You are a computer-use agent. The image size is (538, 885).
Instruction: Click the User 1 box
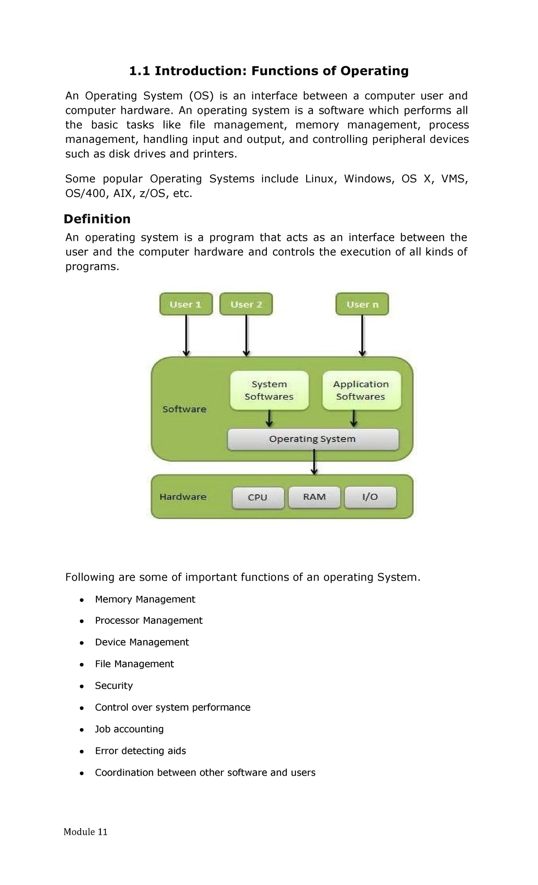(x=186, y=305)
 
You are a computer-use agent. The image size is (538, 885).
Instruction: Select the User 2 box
(x=246, y=305)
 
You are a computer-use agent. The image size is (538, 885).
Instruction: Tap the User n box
(x=362, y=305)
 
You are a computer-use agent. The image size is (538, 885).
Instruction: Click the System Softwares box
(x=269, y=390)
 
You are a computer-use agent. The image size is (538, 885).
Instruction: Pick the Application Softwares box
(x=361, y=390)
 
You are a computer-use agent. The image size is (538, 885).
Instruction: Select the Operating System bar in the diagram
(x=313, y=439)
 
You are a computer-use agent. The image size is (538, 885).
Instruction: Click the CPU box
(x=258, y=497)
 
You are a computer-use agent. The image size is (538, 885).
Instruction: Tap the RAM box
(x=314, y=497)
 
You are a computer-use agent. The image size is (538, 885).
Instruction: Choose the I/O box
(x=370, y=497)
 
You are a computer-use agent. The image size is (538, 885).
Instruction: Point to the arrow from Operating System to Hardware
(x=314, y=462)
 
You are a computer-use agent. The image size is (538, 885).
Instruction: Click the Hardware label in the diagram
(x=183, y=497)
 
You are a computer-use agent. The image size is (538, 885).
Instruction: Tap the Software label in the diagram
(x=184, y=409)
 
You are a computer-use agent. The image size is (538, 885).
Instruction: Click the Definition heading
(x=97, y=219)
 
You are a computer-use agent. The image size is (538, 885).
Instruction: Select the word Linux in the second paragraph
(x=319, y=179)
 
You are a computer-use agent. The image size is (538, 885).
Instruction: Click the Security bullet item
(x=114, y=686)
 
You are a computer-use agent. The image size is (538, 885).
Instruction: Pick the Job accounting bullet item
(x=129, y=729)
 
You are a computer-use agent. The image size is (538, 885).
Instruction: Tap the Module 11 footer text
(x=86, y=832)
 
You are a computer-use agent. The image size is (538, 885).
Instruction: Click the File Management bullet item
(x=134, y=664)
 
